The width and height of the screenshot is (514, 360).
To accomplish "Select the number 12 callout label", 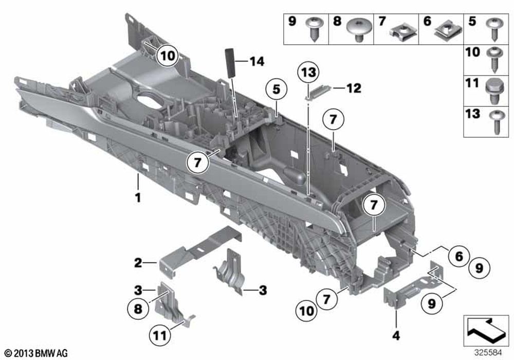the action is click(x=354, y=88).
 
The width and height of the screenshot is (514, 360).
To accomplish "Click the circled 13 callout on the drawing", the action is click(x=308, y=72).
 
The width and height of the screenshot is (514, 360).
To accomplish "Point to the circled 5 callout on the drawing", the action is click(x=277, y=89).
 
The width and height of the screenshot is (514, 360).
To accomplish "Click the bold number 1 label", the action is click(x=138, y=197).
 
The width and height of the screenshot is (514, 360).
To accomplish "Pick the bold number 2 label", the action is click(x=138, y=263).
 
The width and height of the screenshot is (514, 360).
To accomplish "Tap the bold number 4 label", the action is click(x=396, y=335).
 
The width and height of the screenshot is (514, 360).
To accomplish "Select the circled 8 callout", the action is click(x=138, y=309).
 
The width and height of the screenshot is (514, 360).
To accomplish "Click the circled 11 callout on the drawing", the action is click(x=160, y=335).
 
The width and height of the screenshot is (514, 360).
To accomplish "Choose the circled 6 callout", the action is click(x=459, y=256).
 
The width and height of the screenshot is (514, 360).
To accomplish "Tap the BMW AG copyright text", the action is click(x=36, y=353).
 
